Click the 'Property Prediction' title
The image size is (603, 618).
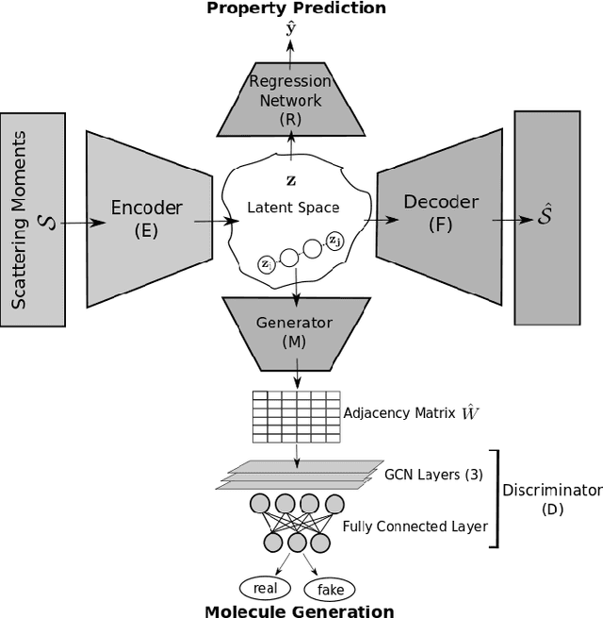297,8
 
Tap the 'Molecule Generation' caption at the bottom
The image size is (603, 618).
300,610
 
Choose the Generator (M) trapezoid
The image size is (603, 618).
295,331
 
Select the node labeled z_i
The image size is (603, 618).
267,265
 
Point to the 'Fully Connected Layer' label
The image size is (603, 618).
415,526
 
